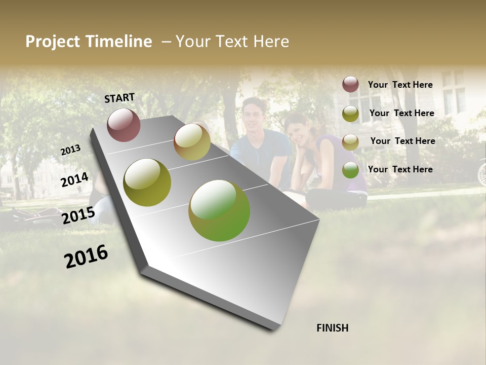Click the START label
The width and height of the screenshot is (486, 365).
119,98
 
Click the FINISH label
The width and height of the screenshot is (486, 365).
332,328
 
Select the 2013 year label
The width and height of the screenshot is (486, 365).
71,150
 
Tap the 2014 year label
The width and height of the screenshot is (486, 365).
75,180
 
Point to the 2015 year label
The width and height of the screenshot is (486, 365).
78,215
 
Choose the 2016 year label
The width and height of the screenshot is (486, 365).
87,256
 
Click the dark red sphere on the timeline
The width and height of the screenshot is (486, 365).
124,125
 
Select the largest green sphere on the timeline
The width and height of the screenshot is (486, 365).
219,210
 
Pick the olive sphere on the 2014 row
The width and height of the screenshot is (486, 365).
147,182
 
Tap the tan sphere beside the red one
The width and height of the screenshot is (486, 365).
192,142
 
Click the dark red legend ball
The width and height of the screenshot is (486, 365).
350,85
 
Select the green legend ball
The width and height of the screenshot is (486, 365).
350,170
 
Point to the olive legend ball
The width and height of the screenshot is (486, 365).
350,114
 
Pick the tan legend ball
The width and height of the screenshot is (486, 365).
350,142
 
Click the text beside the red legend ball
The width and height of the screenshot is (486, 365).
400,85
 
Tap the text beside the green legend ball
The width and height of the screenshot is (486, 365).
400,169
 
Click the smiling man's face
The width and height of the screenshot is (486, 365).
255,115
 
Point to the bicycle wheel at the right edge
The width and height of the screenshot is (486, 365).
481,172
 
